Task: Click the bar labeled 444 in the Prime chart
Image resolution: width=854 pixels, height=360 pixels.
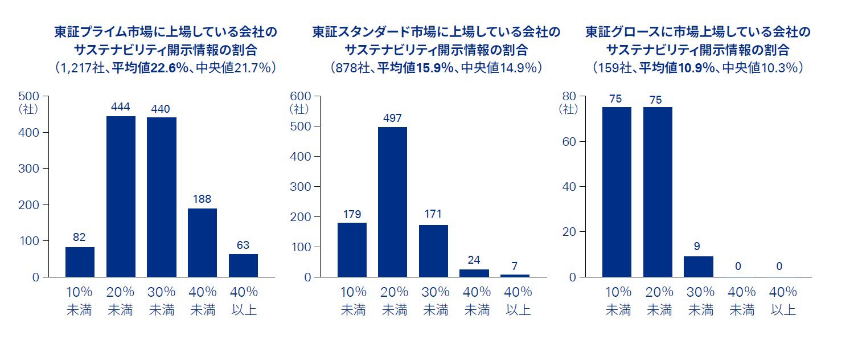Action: [x=121, y=197]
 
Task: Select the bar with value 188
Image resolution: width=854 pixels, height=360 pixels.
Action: [x=202, y=243]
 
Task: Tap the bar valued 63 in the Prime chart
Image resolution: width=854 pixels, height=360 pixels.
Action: [x=243, y=265]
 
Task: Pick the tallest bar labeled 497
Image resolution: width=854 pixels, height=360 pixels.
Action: [x=393, y=202]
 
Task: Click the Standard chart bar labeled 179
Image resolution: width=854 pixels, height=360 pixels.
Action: [x=352, y=249]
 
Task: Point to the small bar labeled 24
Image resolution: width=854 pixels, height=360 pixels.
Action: [x=474, y=273]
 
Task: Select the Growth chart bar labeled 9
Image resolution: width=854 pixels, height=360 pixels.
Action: [x=698, y=267]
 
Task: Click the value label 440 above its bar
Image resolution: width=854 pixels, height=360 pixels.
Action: [x=162, y=109]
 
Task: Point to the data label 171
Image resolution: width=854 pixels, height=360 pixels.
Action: [x=433, y=215]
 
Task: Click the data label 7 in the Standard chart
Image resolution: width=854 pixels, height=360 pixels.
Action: [x=515, y=266]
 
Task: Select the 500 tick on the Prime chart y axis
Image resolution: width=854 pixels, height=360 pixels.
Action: [x=29, y=96]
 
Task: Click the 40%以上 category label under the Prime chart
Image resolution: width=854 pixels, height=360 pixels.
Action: [x=244, y=301]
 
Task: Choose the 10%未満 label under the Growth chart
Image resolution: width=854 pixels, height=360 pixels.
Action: [x=618, y=301]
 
